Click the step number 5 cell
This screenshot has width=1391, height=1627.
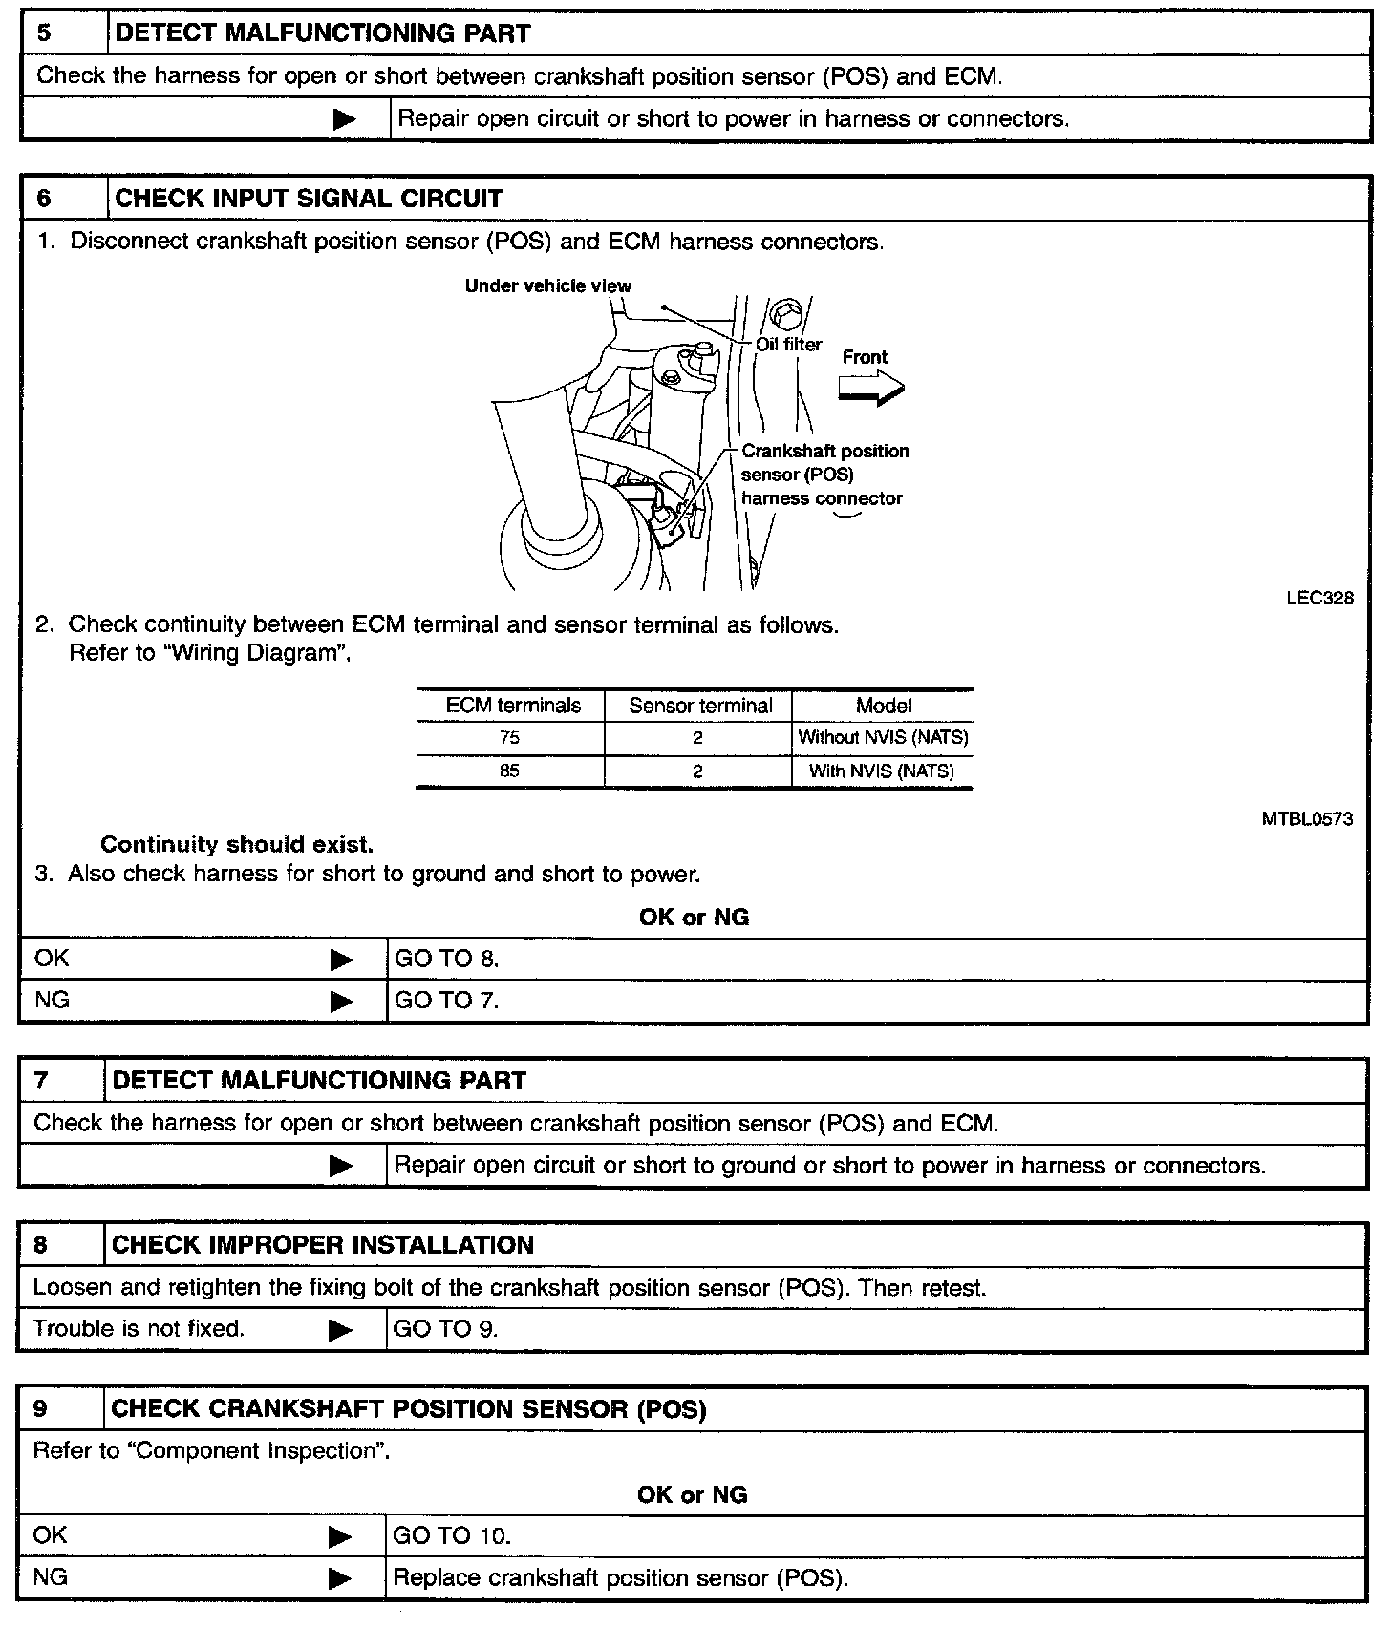tap(63, 33)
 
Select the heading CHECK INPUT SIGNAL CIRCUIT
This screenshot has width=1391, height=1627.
tap(309, 199)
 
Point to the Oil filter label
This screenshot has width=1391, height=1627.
tap(788, 345)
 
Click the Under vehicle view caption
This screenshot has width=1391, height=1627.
tap(547, 285)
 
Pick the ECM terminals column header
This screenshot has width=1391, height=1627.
tap(513, 706)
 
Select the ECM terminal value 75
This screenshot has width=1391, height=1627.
tap(509, 738)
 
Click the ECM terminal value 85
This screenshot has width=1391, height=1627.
tap(509, 771)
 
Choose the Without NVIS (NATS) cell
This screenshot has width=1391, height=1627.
tap(883, 738)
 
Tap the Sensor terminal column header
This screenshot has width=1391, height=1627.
tap(700, 706)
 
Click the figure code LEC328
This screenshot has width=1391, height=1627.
tap(1319, 599)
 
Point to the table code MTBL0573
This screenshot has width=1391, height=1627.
tap(1307, 819)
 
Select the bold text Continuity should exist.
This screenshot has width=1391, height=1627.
tap(237, 845)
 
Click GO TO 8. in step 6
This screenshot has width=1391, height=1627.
tap(446, 959)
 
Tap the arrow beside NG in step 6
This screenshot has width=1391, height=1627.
tap(341, 1002)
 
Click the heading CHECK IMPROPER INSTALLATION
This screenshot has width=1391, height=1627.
tap(323, 1245)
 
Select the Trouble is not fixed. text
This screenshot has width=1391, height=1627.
tap(139, 1328)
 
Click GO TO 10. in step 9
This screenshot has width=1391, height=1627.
tap(452, 1535)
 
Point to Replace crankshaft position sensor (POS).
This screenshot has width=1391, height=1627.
tap(621, 1577)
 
